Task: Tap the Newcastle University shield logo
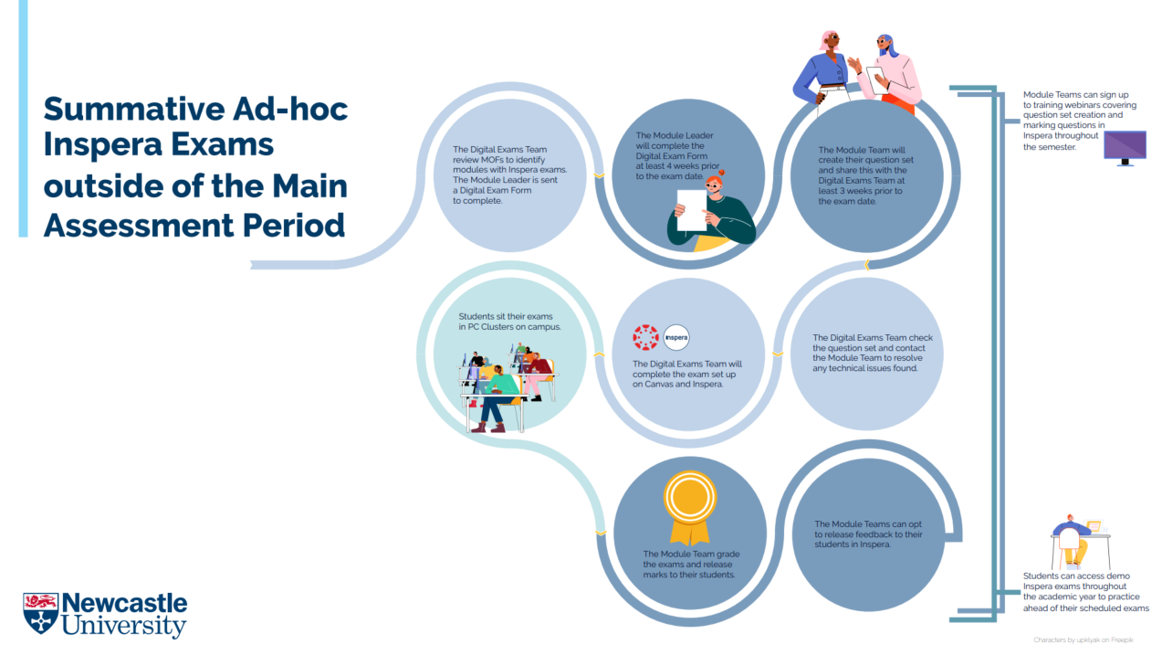point(40,613)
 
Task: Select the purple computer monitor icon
point(1125,147)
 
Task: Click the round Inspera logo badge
point(676,337)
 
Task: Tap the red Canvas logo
point(645,337)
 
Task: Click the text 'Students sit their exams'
point(505,316)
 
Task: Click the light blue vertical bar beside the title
point(23,119)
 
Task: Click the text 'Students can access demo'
point(1076,576)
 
